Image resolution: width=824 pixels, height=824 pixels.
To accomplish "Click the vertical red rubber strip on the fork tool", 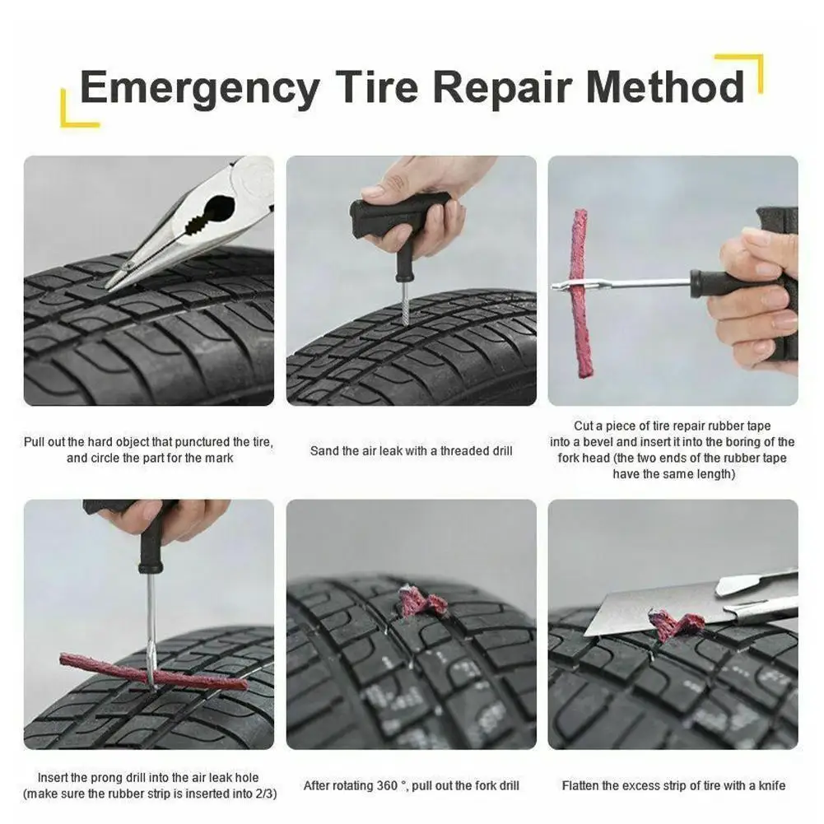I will [581, 292].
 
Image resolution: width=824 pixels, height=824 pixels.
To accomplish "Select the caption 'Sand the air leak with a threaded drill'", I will [411, 450].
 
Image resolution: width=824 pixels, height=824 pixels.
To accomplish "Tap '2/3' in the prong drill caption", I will [263, 794].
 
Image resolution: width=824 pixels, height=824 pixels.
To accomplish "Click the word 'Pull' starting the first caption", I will [35, 442].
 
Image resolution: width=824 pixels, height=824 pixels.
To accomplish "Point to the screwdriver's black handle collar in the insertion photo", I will [151, 566].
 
